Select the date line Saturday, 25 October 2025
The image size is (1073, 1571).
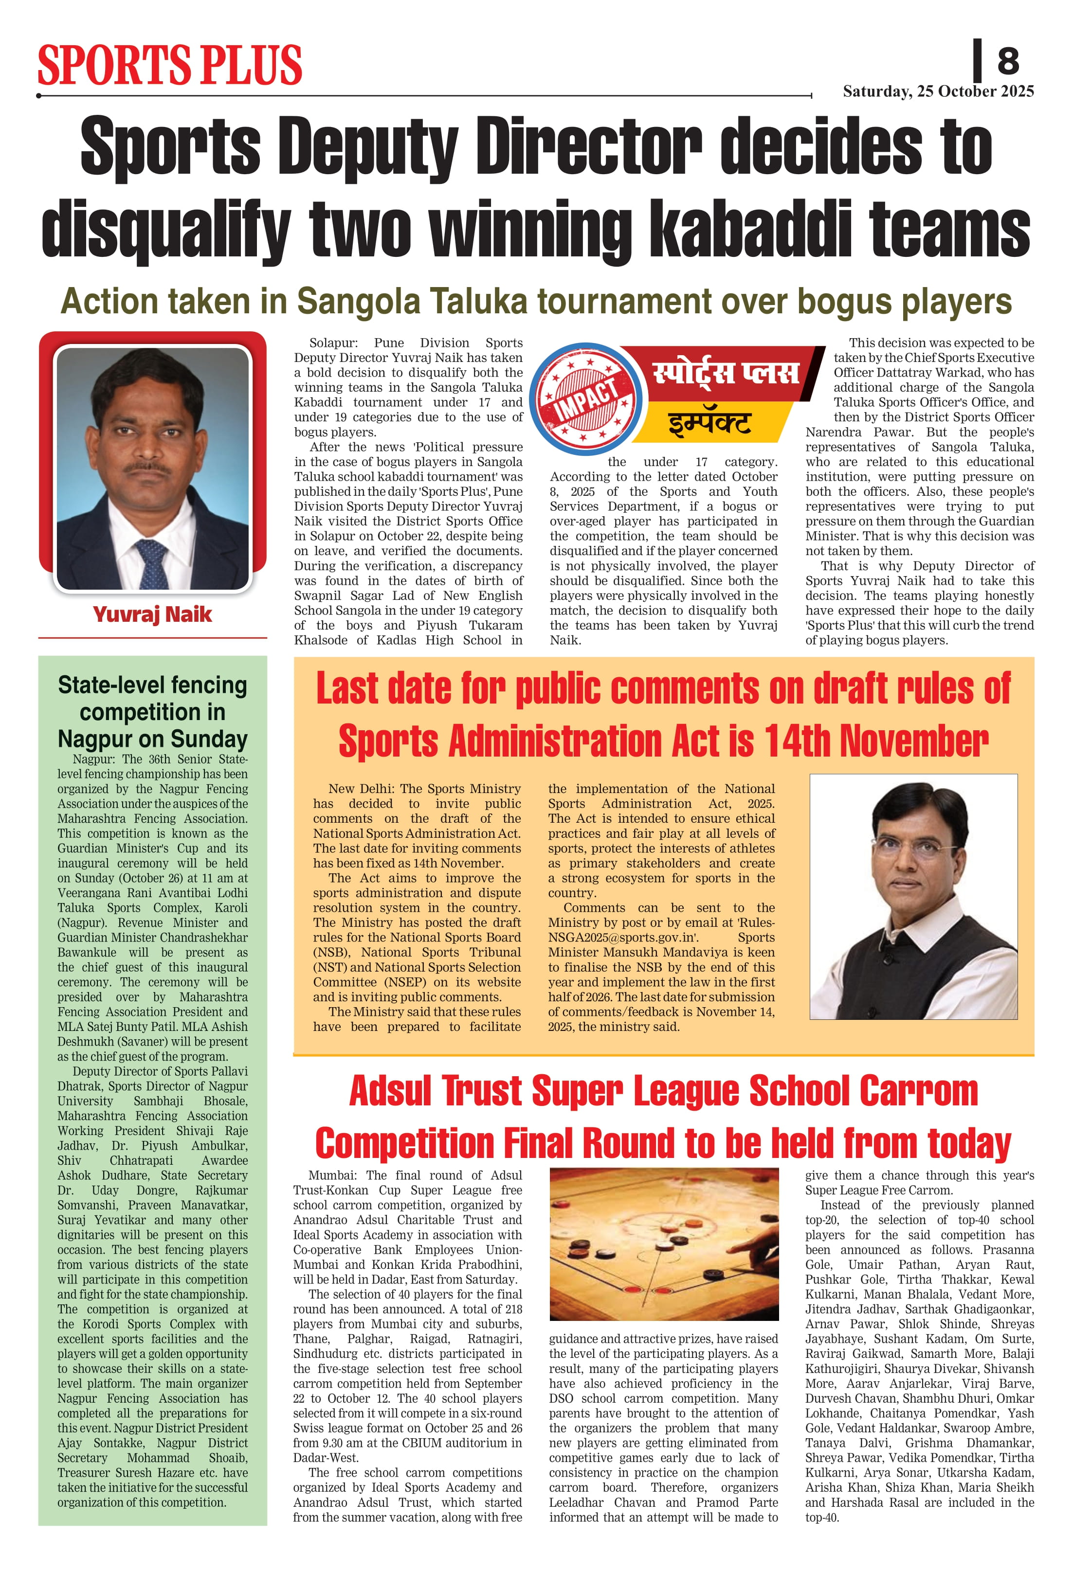pos(938,91)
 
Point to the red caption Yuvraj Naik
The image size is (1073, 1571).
pos(152,614)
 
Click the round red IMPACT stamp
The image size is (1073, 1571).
pos(585,399)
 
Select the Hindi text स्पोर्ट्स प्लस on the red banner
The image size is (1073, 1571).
pos(726,373)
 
